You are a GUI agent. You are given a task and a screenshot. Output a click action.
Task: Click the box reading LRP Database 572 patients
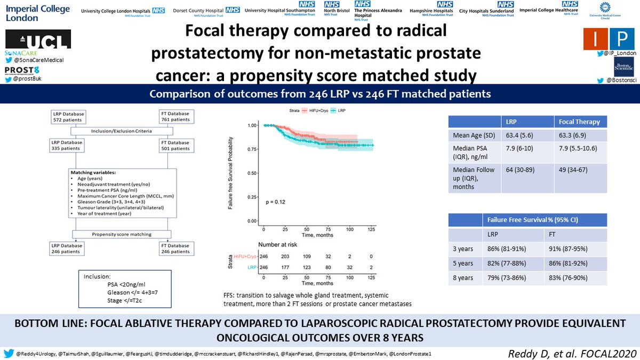tap(67, 117)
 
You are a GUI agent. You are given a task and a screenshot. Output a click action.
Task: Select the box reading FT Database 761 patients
tap(177, 117)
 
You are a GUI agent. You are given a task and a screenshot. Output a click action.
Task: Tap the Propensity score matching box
tap(122, 234)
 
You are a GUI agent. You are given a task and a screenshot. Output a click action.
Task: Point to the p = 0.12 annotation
tap(276, 202)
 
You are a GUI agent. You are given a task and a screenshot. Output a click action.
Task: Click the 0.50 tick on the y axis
tap(251, 172)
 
